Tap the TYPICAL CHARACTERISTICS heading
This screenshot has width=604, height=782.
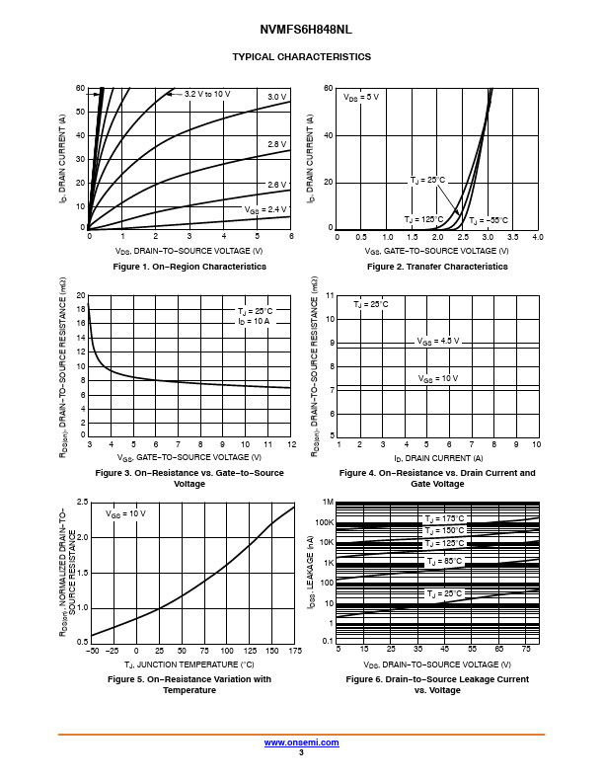301,56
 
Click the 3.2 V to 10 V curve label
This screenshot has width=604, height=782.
207,94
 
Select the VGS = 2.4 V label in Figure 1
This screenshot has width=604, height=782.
265,209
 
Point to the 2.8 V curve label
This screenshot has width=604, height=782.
277,144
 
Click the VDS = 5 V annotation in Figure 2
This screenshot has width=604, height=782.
361,97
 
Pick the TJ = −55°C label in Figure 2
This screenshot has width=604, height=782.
488,219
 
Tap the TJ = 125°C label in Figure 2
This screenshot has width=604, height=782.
423,218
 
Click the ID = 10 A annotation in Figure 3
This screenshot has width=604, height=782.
254,322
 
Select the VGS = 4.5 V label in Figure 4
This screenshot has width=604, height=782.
438,341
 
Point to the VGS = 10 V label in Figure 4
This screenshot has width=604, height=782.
438,378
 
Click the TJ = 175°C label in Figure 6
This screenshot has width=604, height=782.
444,518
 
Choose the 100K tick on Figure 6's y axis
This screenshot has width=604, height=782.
326,522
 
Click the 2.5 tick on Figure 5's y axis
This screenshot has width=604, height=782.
82,503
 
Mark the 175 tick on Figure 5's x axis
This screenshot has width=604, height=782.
293,651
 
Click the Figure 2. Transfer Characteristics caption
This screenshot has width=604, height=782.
437,267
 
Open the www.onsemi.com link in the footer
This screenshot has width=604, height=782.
300,742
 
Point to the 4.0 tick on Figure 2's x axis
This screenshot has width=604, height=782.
538,237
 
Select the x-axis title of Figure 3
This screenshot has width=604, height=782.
189,457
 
